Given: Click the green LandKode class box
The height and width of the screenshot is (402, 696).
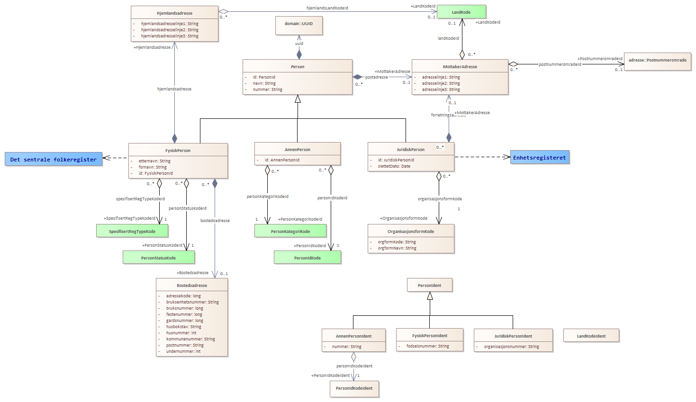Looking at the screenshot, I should click(461, 12).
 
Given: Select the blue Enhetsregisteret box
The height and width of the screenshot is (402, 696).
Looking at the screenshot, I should click(540, 158).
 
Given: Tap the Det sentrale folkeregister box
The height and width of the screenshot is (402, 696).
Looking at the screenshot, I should click(53, 160).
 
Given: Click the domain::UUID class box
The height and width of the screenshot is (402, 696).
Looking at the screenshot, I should click(299, 25).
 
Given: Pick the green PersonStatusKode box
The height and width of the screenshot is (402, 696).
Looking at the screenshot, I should click(159, 258).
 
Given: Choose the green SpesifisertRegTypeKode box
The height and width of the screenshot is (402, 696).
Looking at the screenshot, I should click(132, 231).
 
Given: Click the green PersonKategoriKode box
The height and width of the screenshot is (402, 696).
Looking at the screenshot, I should click(290, 231).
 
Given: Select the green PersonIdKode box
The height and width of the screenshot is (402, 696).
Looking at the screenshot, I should click(307, 258).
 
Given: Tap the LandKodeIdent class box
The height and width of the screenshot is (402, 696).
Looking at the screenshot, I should click(591, 336).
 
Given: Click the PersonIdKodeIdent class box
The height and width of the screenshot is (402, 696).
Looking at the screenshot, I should click(354, 388).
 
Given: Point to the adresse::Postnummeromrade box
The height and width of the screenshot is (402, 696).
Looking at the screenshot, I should click(658, 61).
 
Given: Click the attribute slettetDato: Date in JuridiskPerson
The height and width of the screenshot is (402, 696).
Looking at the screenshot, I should click(394, 166).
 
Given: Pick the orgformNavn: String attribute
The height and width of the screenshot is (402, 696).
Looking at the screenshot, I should click(397, 248).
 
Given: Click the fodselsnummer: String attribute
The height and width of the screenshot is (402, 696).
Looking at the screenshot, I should click(428, 346).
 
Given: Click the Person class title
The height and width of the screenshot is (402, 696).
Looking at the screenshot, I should click(298, 67).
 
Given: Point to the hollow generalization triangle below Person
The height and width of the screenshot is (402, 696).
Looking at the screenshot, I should click(298, 99).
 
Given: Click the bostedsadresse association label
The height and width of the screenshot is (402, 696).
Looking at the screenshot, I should click(215, 221).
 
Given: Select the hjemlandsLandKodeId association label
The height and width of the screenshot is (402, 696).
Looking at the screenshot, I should click(327, 8).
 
